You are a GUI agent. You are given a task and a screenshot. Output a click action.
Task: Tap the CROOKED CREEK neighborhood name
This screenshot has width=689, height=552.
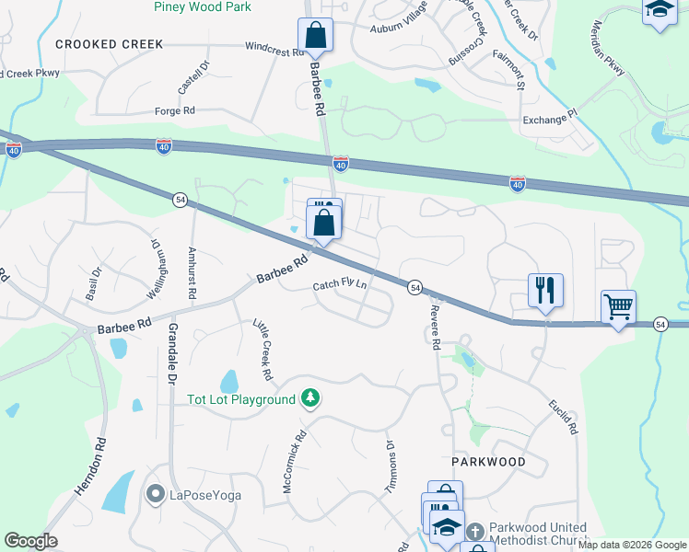click(109, 44)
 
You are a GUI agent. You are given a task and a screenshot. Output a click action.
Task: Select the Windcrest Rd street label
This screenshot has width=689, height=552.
click(274, 48)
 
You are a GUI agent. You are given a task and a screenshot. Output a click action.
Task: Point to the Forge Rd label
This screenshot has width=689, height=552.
click(176, 110)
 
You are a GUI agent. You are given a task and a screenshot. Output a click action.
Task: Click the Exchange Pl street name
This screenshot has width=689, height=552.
click(548, 120)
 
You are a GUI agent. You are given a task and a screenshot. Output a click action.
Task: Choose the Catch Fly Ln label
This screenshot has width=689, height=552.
click(340, 286)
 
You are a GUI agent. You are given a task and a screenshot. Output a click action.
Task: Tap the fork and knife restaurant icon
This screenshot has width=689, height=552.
click(545, 290)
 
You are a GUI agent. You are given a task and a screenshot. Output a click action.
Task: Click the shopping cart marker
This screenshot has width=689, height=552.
click(619, 306)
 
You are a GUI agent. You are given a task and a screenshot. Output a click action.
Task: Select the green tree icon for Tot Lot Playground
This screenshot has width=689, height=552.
click(311, 398)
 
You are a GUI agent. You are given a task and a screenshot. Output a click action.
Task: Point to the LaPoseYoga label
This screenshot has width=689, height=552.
click(204, 496)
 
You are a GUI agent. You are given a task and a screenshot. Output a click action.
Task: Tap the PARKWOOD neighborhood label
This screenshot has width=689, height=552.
click(488, 461)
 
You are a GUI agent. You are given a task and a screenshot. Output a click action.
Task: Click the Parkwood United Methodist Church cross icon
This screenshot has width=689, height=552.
click(473, 532)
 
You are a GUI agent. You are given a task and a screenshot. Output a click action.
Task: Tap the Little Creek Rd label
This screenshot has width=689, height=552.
click(263, 350)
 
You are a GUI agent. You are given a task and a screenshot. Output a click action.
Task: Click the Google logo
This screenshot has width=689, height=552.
click(30, 541)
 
